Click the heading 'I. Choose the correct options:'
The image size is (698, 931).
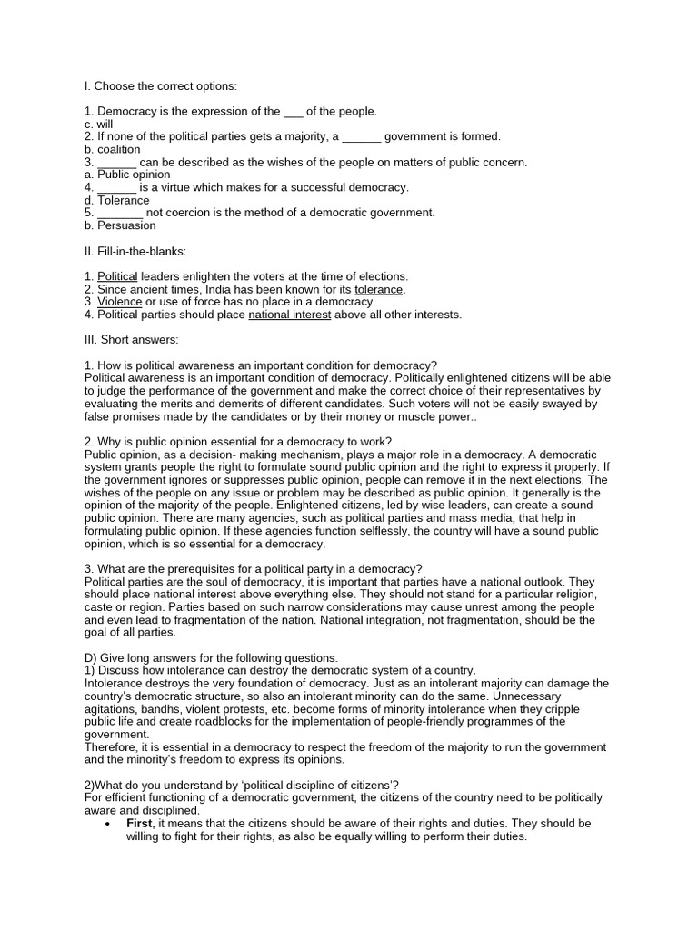pyautogui.click(x=160, y=86)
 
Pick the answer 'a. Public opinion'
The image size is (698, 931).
pyautogui.click(x=126, y=175)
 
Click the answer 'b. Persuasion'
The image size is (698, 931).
pyautogui.click(x=119, y=225)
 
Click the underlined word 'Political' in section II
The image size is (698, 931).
pyautogui.click(x=117, y=276)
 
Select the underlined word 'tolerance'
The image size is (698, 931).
pyautogui.click(x=379, y=289)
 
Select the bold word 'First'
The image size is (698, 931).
pyautogui.click(x=139, y=823)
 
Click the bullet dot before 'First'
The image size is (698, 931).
pyautogui.click(x=108, y=824)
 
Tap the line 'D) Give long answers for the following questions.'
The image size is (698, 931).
pyautogui.click(x=211, y=657)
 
